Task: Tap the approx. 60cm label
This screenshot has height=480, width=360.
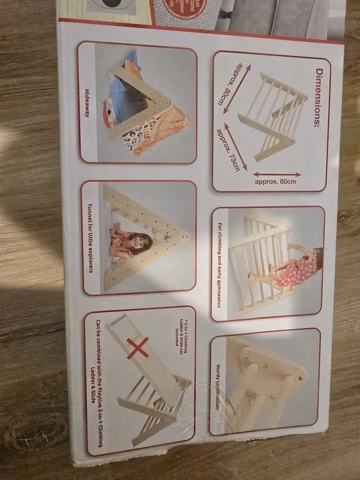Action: click(x=275, y=182)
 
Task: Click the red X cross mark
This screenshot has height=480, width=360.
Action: click(x=137, y=348)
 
